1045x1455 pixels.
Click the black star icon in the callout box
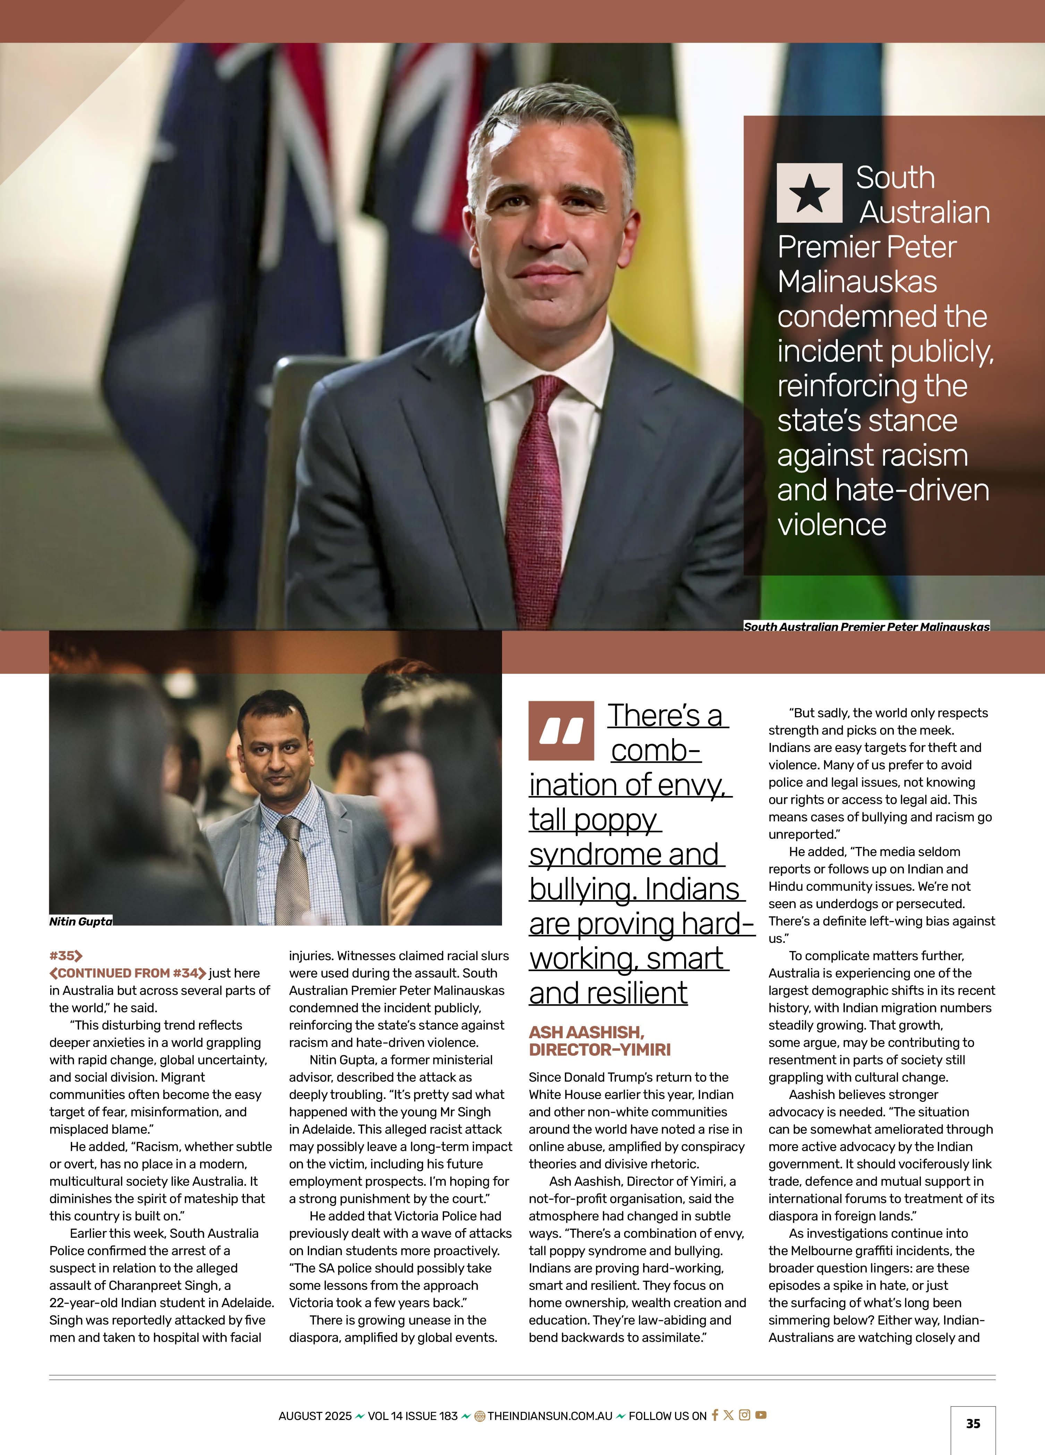pyautogui.click(x=809, y=193)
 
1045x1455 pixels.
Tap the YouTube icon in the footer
pyautogui.click(x=761, y=1415)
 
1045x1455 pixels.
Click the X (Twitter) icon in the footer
pyautogui.click(x=728, y=1415)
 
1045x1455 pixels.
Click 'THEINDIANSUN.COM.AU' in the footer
pyautogui.click(x=550, y=1416)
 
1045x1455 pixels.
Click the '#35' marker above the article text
pyautogui.click(x=66, y=956)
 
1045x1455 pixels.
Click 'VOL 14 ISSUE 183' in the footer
pyautogui.click(x=413, y=1416)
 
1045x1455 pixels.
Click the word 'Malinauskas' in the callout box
pyautogui.click(x=857, y=282)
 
